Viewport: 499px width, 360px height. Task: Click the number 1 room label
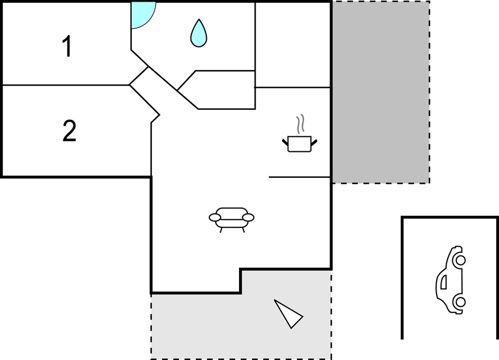(66, 46)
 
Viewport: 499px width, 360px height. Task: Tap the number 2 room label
(70, 130)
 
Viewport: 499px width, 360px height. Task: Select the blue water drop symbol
(199, 33)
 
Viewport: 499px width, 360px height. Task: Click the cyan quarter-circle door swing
(143, 15)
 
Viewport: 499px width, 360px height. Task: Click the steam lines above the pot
(300, 124)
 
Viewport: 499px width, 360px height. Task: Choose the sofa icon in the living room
(231, 220)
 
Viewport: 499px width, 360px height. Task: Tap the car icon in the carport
(450, 280)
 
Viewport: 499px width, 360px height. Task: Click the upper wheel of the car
(460, 260)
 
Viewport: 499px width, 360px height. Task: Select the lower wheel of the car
(460, 301)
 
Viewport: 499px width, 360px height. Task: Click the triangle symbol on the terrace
(288, 314)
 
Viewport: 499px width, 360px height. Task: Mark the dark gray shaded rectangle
(381, 92)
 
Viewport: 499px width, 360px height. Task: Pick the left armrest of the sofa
(215, 218)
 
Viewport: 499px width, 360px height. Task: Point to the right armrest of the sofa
(248, 218)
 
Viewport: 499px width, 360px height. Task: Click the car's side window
(443, 282)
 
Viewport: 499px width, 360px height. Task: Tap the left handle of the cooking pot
(285, 142)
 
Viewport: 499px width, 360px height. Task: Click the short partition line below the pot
(300, 177)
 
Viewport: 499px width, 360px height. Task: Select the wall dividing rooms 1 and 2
(66, 85)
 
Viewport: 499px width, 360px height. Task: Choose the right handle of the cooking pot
(314, 142)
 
